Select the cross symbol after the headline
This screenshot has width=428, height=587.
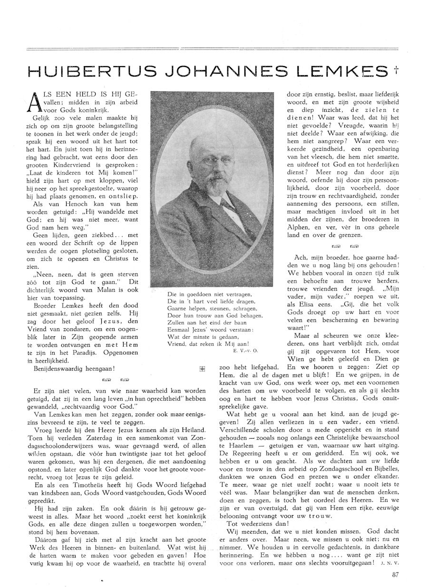pyautogui.click(x=396, y=69)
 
